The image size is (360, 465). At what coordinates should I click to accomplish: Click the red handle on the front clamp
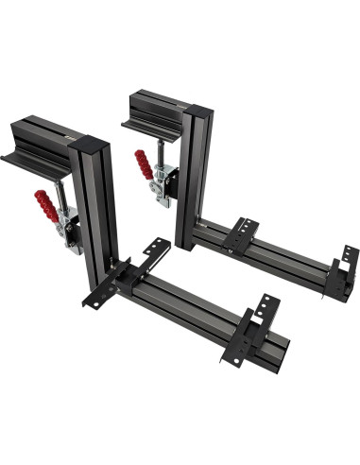click(43, 202)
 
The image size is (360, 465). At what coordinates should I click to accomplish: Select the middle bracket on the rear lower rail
click(240, 233)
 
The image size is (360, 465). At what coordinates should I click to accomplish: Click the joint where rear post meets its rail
click(196, 231)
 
